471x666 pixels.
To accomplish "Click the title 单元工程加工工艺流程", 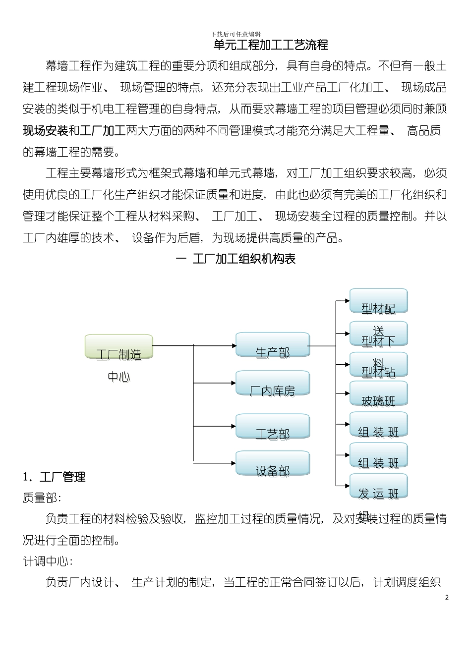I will pos(270,46).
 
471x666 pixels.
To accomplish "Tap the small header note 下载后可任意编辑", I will pos(235,34).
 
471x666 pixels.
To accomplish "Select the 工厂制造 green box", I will pos(119,347).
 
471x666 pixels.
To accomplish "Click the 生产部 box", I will pos(273,345).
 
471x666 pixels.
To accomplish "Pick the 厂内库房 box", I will pos(273,384).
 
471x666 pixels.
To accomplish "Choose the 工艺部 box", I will pos(273,426).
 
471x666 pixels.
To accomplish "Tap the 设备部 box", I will pos(273,464).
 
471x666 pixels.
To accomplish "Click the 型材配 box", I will pos(379,301).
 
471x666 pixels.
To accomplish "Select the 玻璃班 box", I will pos(379,394).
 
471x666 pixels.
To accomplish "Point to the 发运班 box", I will pos(379,487).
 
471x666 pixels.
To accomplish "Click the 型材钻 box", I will pos(379,365).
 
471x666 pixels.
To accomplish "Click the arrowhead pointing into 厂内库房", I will pos(233,383).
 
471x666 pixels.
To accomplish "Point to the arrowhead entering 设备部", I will pos(233,463).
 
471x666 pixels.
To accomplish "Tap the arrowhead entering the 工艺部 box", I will pos(233,426).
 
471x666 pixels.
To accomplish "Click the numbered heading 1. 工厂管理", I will pos(55,477).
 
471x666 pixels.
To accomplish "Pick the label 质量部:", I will pos(42,498).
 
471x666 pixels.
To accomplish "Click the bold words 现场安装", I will pos(46,131).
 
